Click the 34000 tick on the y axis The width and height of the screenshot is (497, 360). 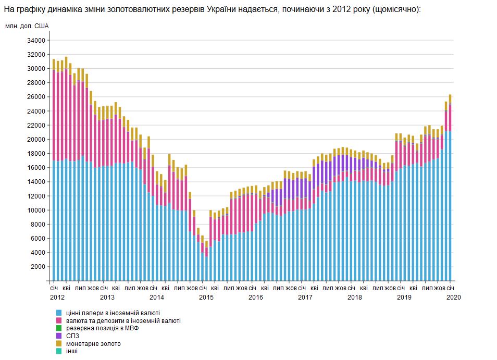[36, 40]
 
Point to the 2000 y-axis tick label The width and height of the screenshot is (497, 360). [38, 267]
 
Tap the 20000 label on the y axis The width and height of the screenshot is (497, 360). [36, 140]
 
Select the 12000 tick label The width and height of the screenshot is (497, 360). [36, 196]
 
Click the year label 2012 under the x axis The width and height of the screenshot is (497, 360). [57, 297]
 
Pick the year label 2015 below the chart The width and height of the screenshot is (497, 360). [206, 297]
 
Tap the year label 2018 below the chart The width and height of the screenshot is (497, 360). [354, 297]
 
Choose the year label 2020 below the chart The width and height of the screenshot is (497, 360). [453, 297]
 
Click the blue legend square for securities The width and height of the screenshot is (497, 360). [59, 313]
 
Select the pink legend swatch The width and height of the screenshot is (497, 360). [59, 321]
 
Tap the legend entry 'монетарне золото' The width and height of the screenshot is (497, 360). [93, 344]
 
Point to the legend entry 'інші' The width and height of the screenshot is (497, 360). [72, 352]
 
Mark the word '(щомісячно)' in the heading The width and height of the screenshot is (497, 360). [396, 10]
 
